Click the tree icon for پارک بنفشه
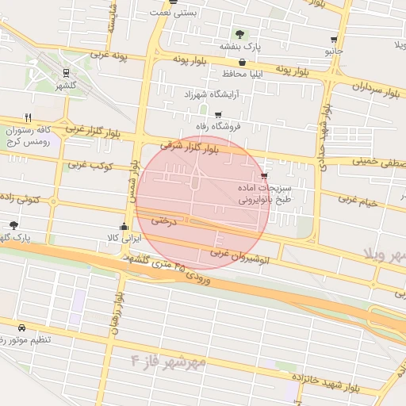(239, 34)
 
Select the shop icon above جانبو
(334, 39)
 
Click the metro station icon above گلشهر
(66, 73)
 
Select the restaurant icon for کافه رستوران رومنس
(29, 118)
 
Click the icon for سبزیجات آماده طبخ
(263, 176)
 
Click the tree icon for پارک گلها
(13, 225)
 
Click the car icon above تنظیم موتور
(21, 327)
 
